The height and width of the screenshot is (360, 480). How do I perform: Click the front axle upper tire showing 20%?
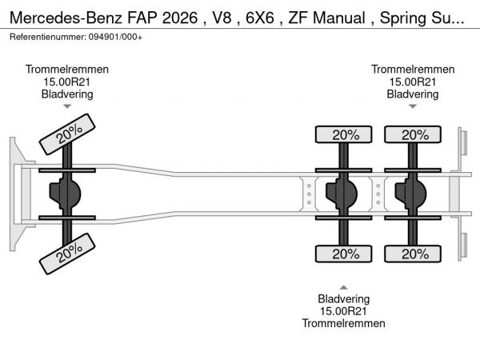69,134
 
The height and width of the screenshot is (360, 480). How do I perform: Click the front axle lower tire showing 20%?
69,255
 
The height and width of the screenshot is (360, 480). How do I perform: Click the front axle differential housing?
66,194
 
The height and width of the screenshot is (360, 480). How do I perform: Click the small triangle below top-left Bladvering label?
67,106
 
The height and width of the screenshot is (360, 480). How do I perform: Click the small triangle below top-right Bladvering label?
413,106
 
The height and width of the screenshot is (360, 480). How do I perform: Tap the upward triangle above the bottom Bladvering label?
343,286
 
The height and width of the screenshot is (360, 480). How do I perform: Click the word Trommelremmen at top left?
67,70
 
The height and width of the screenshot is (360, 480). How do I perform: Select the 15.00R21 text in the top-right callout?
413,82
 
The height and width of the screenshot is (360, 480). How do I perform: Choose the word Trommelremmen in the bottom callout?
343,323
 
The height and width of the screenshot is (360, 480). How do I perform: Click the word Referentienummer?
45,38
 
